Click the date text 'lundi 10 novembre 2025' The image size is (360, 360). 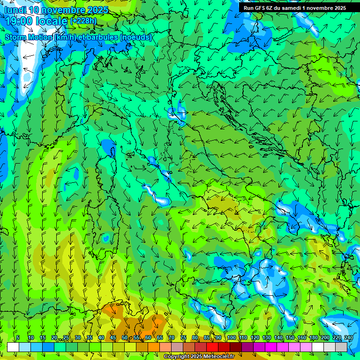[56, 10]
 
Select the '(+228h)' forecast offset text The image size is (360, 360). [83, 21]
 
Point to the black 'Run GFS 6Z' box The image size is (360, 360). [294, 7]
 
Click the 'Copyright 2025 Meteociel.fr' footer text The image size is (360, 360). [199, 357]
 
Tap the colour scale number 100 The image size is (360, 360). [232, 337]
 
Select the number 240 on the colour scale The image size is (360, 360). [348, 337]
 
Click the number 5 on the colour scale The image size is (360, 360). [18, 337]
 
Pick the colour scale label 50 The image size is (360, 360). [124, 337]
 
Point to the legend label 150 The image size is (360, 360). [290, 337]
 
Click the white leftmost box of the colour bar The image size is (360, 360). [13, 347]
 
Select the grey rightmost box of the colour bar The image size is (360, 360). [342, 347]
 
